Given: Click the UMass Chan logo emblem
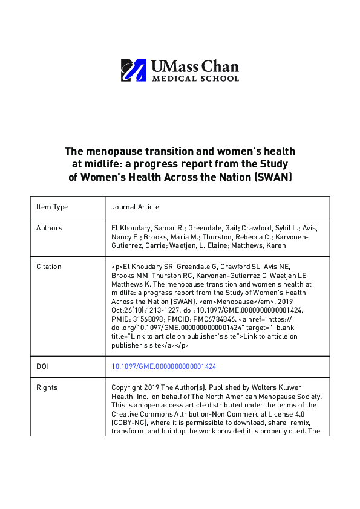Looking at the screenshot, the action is [x=133, y=70].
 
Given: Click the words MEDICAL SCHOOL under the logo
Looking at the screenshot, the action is [x=195, y=79].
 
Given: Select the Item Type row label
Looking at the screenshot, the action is [x=52, y=207].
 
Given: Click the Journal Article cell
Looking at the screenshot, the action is [x=136, y=207].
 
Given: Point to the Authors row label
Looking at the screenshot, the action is [x=49, y=228].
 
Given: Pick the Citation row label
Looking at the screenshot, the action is [x=49, y=266].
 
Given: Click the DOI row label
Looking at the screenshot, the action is [x=42, y=366].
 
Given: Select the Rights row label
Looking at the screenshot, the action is [x=46, y=387].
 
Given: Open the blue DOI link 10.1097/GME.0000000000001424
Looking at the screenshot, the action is [x=164, y=366].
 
